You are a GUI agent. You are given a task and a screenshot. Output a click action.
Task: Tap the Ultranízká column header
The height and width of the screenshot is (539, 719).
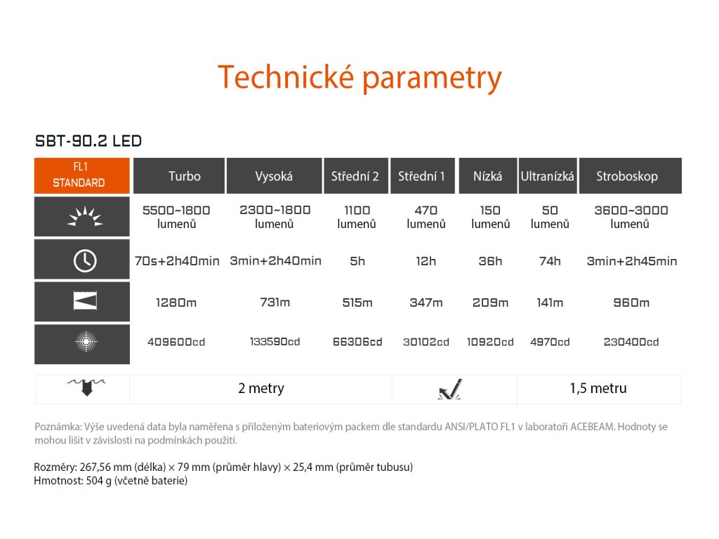pos(548,176)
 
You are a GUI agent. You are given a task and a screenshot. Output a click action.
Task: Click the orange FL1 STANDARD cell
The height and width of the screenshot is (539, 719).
pos(82,175)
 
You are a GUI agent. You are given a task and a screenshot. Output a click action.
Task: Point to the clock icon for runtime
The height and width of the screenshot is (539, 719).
pos(85,261)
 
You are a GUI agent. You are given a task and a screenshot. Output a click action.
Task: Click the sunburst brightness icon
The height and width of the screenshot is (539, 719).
pos(85,217)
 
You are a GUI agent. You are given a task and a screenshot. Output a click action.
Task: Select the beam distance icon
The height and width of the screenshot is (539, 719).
pos(85,301)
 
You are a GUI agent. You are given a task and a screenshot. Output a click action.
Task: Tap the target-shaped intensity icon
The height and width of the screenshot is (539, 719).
pos(86,342)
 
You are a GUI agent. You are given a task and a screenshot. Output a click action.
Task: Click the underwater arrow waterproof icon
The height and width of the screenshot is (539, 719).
pos(86,387)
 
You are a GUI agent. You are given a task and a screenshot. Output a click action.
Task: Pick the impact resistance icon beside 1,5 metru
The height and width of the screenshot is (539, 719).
pos(450,390)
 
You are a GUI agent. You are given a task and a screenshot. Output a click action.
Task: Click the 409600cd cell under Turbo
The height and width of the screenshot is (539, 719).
pos(176,342)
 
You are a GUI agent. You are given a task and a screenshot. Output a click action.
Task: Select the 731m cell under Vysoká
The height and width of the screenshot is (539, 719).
pos(275,302)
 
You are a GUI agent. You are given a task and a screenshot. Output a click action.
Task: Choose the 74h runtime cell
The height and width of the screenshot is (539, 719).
pos(550,261)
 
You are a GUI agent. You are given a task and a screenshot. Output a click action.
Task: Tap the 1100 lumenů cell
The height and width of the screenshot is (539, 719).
pos(357,217)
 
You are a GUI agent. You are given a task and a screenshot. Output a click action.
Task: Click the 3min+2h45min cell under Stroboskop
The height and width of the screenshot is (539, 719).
pos(632,261)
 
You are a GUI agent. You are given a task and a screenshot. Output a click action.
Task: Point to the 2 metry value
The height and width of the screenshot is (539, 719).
pos(261,388)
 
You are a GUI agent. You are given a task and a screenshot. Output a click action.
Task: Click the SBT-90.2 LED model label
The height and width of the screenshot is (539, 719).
pos(88,140)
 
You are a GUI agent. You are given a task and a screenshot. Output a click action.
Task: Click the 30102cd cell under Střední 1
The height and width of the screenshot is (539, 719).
pos(426,342)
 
